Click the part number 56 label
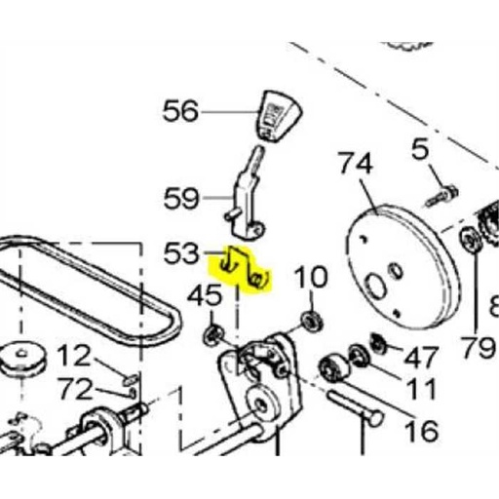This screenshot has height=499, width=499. pos(179,112)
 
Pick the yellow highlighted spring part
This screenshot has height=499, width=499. pos(244,270)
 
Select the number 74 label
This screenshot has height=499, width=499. pos(355,165)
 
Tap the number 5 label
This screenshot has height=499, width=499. pos(420,150)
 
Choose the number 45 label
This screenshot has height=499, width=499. pos(206,293)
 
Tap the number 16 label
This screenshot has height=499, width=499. pos(420,430)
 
